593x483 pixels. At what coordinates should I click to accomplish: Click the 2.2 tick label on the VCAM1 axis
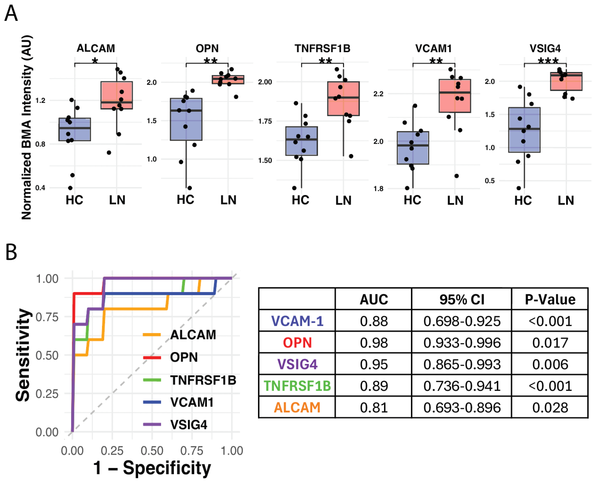(378, 94)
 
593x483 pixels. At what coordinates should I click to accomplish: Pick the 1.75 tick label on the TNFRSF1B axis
(265, 121)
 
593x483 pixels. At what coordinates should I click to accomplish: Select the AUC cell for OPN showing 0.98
(373, 343)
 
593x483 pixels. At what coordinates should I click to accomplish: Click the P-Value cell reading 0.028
(550, 407)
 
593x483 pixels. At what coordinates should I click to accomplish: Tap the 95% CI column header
(461, 299)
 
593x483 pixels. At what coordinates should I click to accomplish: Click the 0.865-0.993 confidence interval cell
(461, 364)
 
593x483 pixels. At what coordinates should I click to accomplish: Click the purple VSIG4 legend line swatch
(152, 424)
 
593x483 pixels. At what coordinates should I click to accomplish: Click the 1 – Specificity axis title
(152, 467)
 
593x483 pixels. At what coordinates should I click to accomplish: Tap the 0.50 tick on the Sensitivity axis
(47, 355)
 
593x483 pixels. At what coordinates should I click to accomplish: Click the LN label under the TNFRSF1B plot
(343, 200)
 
